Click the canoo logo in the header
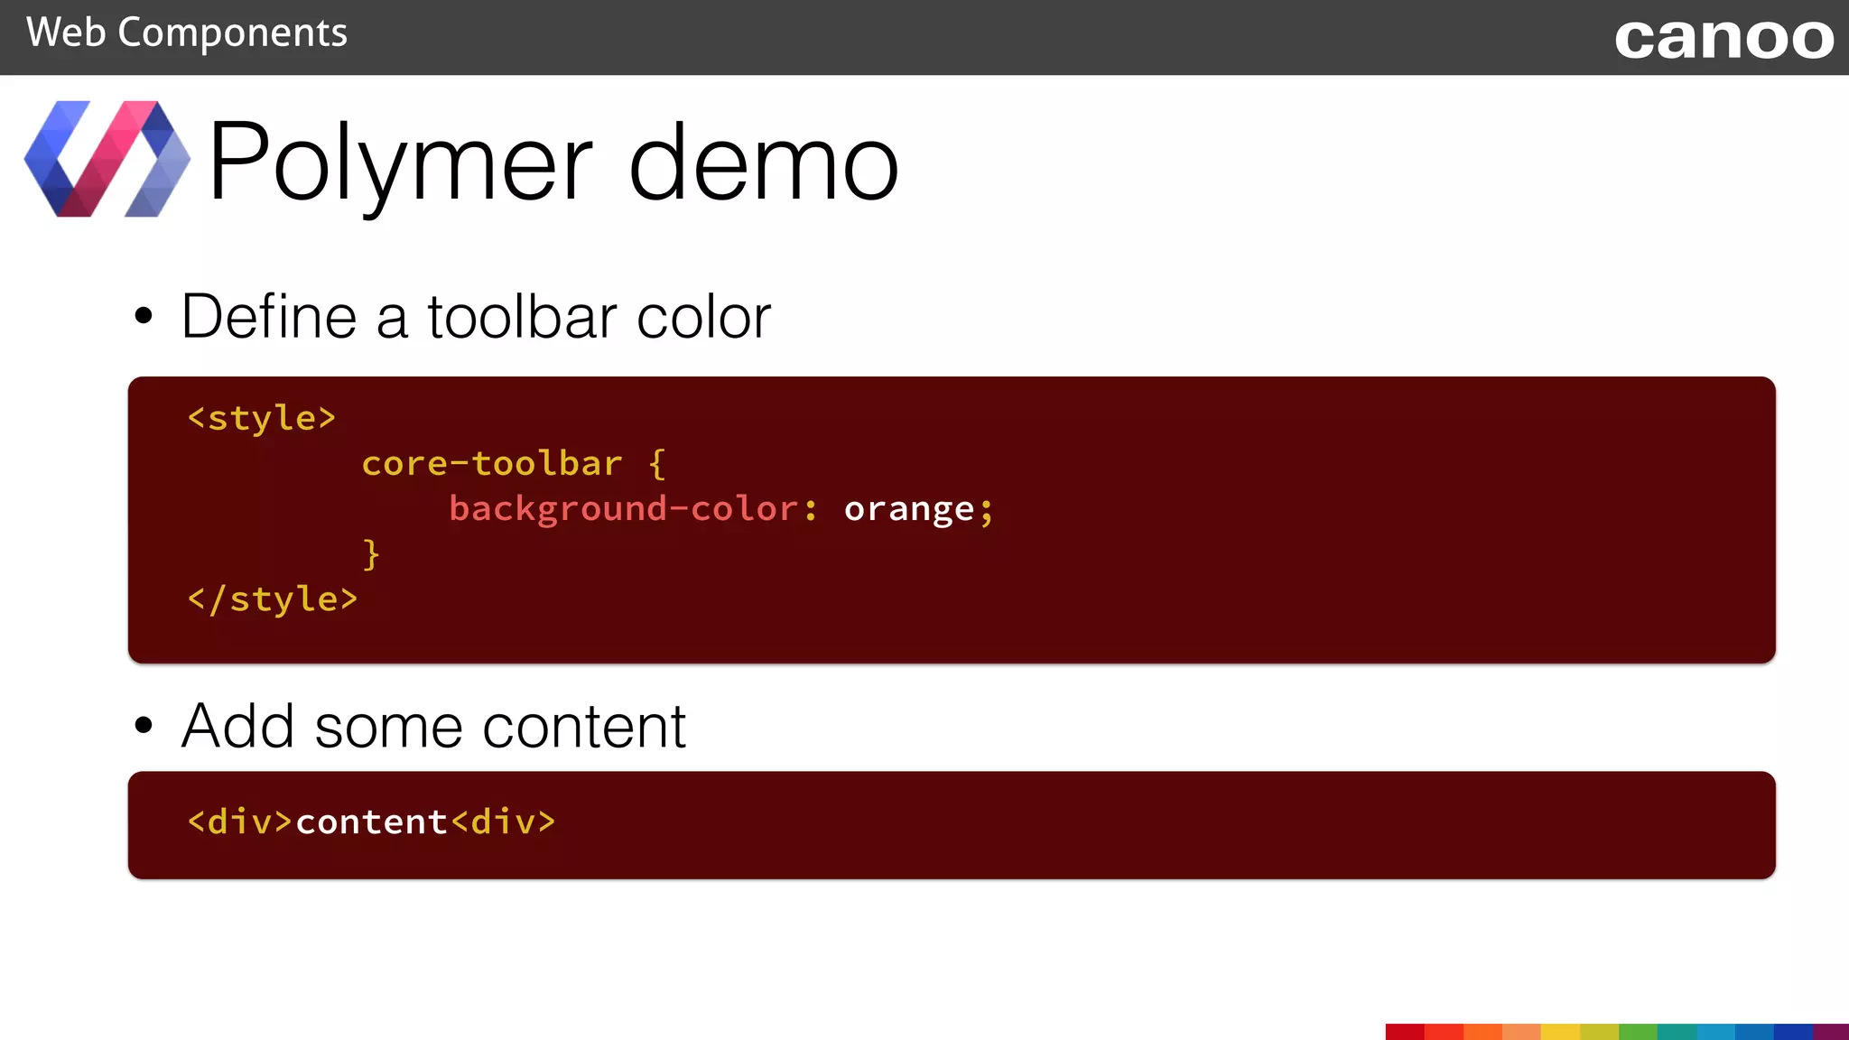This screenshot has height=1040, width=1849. [x=1724, y=39]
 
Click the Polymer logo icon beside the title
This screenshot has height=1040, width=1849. [x=107, y=159]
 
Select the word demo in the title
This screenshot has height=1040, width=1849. [x=763, y=162]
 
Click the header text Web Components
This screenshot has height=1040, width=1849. [x=187, y=33]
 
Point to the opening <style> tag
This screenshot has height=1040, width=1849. [x=261, y=418]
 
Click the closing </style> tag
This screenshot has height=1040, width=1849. [x=272, y=599]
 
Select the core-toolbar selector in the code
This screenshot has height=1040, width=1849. [x=492, y=464]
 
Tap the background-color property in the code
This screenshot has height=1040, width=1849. [x=623, y=509]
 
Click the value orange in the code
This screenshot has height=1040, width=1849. [x=909, y=509]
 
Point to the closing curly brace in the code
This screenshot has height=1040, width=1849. [x=371, y=553]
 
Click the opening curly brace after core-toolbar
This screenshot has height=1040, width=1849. [x=657, y=464]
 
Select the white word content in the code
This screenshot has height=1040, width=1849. [x=371, y=822]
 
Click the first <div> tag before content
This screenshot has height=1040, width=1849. [x=239, y=822]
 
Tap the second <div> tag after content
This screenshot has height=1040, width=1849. [x=503, y=822]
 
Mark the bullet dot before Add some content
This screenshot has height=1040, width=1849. [x=144, y=725]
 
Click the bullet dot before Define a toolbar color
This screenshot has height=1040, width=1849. [x=144, y=316]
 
